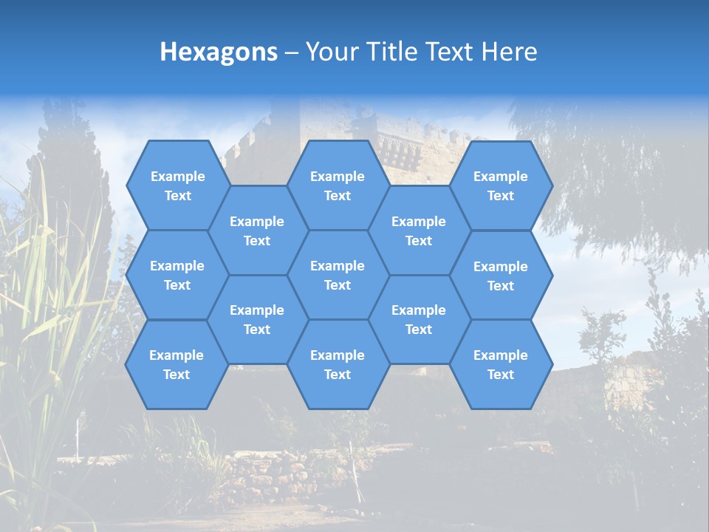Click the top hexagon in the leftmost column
pos(177,185)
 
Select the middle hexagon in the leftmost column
pos(177,275)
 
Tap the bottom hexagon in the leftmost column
pos(177,364)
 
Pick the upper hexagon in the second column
pos(257,231)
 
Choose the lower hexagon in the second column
pos(257,319)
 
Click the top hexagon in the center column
pos(338,185)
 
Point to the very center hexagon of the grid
pos(338,275)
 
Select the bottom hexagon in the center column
pos(338,364)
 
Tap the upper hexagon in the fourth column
pos(419,231)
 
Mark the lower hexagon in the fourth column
pos(419,319)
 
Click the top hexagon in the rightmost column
pos(501,185)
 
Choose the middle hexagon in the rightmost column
pos(501,276)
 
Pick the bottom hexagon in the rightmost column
pos(501,364)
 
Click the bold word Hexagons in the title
pos(219,52)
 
